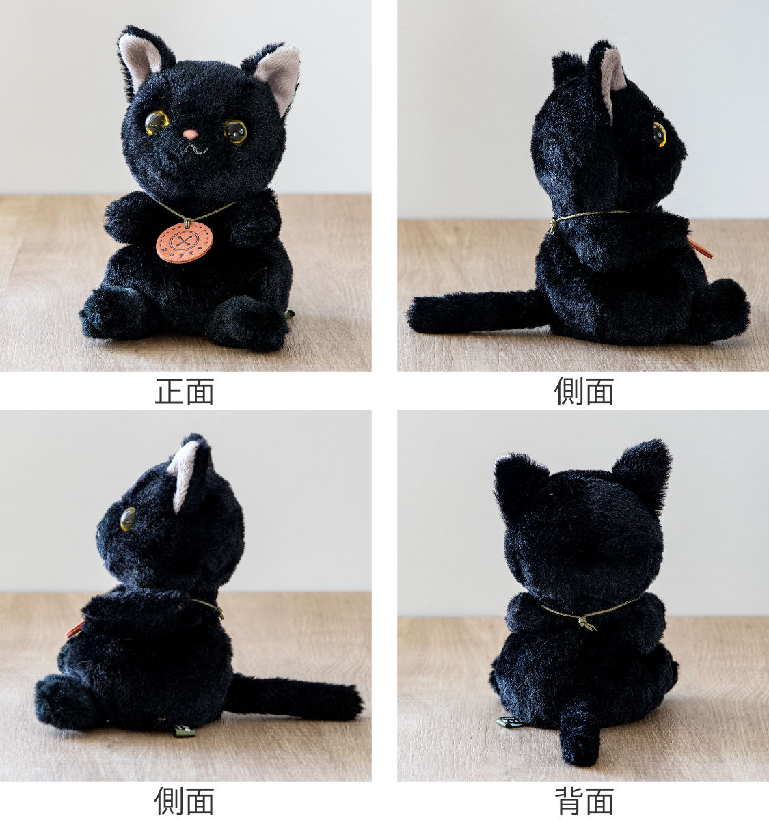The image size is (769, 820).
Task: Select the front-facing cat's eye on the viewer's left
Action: [x=156, y=122]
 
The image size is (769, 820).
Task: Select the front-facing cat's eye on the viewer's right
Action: [x=236, y=131]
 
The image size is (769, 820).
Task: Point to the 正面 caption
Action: [x=185, y=392]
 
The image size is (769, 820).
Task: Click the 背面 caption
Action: [x=584, y=801]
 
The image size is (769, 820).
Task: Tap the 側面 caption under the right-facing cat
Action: [x=584, y=392]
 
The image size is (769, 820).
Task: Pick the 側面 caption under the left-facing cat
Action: [x=185, y=801]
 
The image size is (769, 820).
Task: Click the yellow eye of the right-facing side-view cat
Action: [x=659, y=134]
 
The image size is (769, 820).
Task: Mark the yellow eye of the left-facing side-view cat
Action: [x=128, y=519]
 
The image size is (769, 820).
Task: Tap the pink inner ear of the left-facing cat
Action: [x=183, y=471]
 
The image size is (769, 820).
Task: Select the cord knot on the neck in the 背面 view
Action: [x=586, y=623]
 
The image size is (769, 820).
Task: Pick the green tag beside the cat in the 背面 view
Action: [x=509, y=722]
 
